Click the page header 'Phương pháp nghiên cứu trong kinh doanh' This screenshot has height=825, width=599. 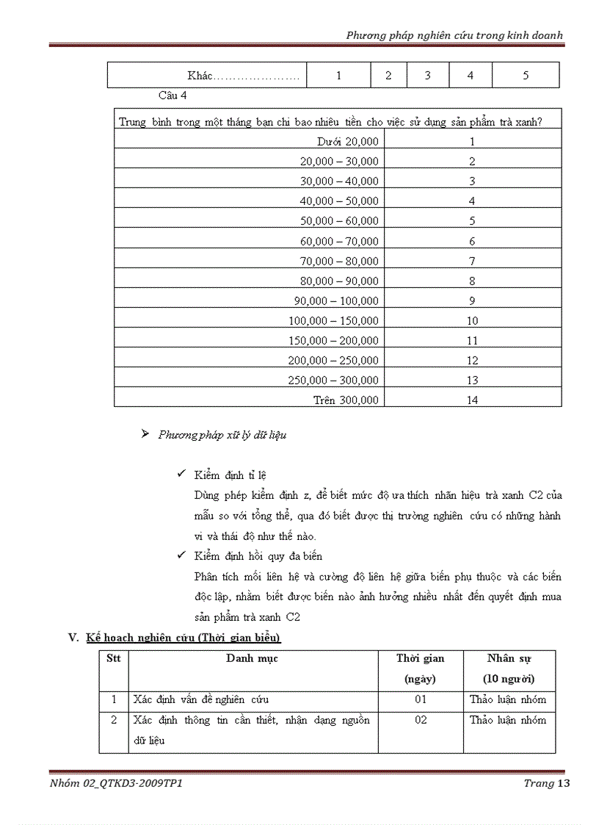(454, 35)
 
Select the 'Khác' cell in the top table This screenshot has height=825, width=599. (243, 76)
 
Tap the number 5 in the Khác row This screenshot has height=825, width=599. (525, 76)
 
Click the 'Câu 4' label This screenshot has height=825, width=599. (173, 96)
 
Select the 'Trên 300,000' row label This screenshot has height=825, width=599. (346, 400)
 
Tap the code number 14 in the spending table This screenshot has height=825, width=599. (472, 400)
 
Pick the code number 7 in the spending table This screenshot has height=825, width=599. (472, 261)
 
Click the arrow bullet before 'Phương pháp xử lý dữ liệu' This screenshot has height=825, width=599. (145, 434)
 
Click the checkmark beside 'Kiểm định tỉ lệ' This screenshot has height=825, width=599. (181, 475)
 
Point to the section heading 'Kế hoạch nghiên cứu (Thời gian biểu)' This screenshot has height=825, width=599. (183, 638)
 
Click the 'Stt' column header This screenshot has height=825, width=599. (114, 658)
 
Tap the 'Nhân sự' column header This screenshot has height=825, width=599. (509, 658)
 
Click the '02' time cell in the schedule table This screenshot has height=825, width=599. (420, 720)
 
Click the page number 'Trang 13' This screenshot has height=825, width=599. (546, 783)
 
